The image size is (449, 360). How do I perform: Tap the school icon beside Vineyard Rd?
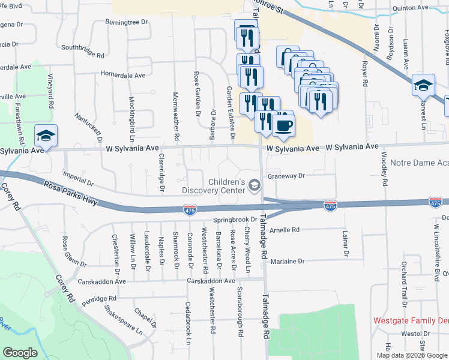pyautogui.click(x=46, y=136)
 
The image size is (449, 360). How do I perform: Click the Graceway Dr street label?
pyautogui.click(x=287, y=176)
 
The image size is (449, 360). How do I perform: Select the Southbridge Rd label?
pyautogui.click(x=83, y=51)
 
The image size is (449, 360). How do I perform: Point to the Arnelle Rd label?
pyautogui.click(x=284, y=230)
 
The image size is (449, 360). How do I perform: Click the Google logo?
pyautogui.click(x=20, y=353)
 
